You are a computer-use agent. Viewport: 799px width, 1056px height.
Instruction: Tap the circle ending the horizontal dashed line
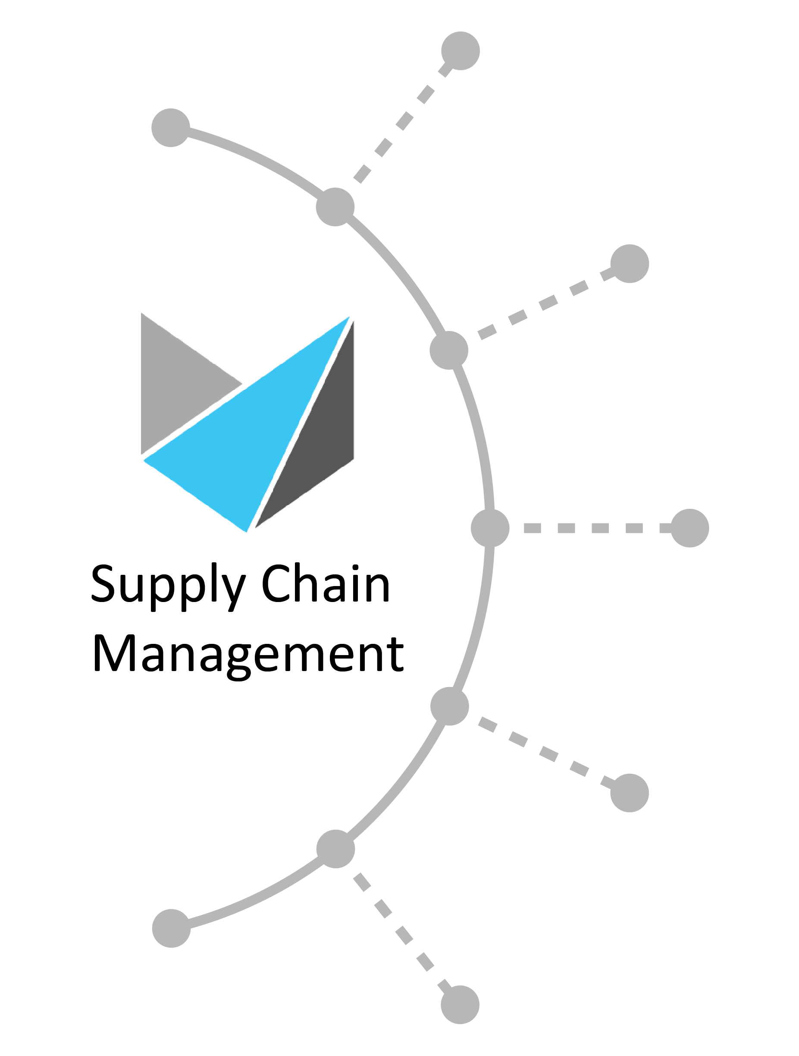point(690,528)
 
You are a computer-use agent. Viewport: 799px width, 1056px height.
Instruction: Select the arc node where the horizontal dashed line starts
point(490,528)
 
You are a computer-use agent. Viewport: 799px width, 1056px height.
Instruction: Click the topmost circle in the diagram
point(461,50)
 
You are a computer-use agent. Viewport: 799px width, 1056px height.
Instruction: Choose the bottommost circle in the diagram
point(460,1005)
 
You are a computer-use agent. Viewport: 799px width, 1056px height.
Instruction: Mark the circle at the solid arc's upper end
point(171,127)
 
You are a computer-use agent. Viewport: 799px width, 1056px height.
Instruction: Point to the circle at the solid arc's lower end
point(171,928)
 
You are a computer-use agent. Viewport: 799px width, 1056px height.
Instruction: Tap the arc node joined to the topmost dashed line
point(335,207)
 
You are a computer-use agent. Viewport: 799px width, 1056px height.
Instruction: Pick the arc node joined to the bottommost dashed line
point(335,849)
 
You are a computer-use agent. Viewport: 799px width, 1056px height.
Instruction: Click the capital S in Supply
point(103,583)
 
